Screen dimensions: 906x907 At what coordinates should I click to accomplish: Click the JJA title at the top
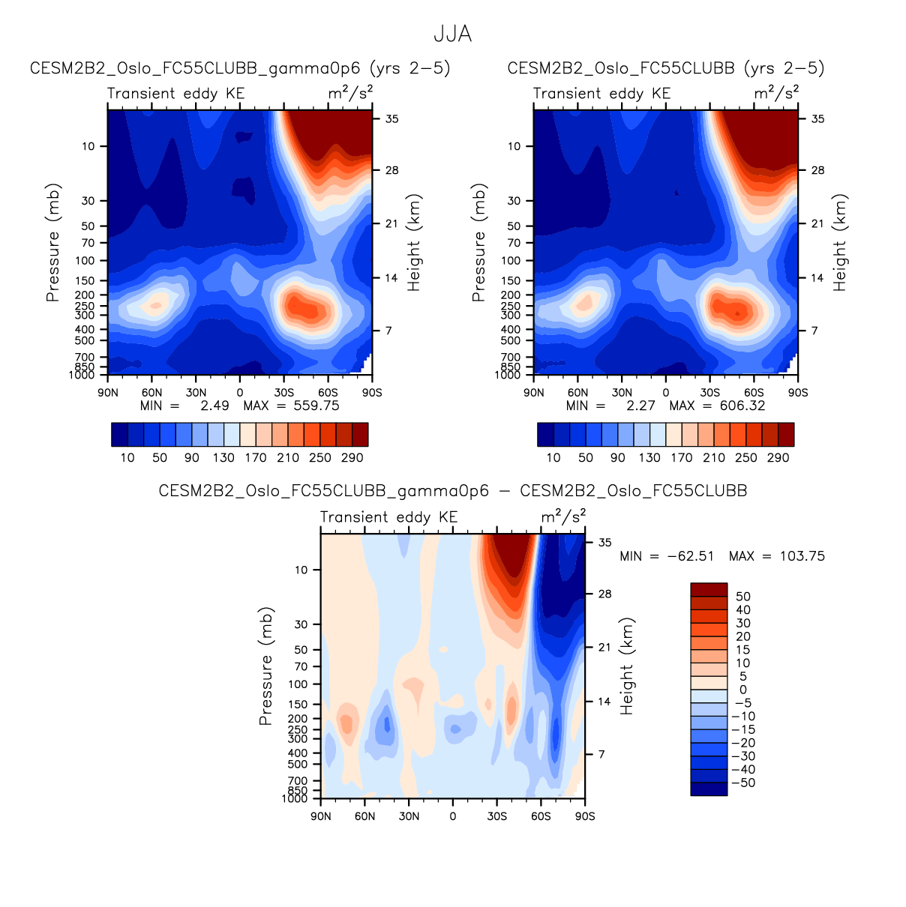[x=452, y=34]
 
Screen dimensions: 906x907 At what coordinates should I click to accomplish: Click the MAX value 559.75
[x=316, y=406]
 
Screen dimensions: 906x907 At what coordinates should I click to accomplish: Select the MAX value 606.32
[x=742, y=406]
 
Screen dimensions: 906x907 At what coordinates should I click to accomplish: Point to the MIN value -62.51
[x=690, y=556]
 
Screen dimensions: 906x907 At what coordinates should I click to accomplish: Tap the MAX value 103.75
[x=802, y=556]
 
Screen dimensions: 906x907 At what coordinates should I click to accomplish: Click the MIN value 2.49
[x=214, y=406]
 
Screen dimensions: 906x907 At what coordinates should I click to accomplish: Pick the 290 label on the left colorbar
[x=352, y=457]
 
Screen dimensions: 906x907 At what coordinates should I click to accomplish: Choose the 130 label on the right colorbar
[x=649, y=457]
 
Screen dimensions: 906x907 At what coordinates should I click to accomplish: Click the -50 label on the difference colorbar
[x=743, y=783]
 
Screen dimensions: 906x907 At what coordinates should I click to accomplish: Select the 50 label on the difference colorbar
[x=743, y=597]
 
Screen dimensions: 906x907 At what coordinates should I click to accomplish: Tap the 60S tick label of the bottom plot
[x=541, y=816]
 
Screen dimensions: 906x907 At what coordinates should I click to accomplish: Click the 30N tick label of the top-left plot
[x=196, y=393]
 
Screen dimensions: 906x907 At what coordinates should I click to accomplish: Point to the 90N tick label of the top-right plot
[x=533, y=393]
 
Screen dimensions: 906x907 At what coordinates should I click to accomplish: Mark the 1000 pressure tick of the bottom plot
[x=295, y=799]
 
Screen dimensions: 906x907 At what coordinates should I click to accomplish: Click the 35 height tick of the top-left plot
[x=392, y=119]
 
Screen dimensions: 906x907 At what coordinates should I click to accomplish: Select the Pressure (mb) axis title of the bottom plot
[x=265, y=666]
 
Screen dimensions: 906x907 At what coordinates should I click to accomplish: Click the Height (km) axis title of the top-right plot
[x=839, y=242]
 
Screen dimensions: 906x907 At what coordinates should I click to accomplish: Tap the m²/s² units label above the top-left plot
[x=350, y=92]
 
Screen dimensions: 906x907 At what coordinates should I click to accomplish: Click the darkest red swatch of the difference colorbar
[x=709, y=589]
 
